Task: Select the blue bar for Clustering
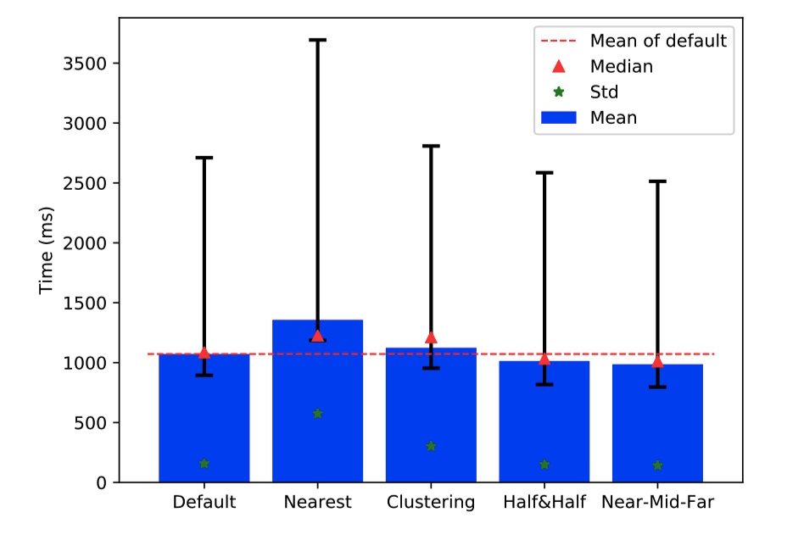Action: point(431,415)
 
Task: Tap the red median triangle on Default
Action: point(204,352)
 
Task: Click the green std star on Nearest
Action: point(317,414)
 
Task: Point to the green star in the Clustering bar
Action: point(431,446)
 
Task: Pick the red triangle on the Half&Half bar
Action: point(544,359)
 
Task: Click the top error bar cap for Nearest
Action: point(317,40)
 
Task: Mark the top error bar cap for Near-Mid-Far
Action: point(657,181)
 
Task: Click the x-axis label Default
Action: point(204,502)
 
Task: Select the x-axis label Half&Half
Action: point(544,502)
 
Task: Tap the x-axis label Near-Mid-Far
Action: point(657,502)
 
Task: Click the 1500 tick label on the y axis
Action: point(92,304)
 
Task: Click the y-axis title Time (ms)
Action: point(47,250)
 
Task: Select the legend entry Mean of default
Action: point(657,41)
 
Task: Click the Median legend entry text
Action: point(621,66)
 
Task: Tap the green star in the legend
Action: point(558,92)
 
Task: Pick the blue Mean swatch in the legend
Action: point(558,118)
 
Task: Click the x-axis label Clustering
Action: point(431,502)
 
